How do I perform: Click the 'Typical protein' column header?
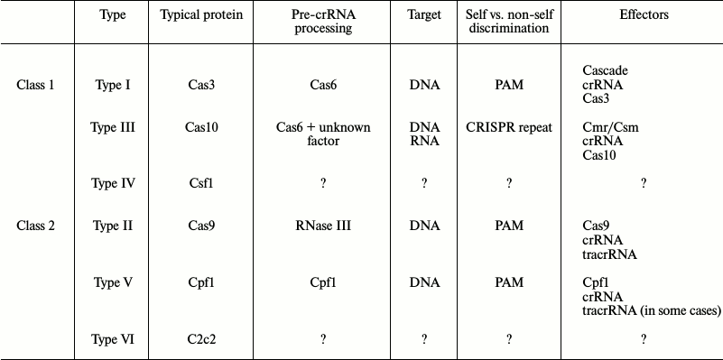(201, 16)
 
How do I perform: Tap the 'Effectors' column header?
(644, 16)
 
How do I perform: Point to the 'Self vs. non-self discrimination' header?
(509, 22)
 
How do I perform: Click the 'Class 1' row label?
(36, 85)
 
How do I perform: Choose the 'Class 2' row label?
(36, 226)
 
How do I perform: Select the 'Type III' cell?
(114, 127)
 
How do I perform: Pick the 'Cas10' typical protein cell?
(201, 127)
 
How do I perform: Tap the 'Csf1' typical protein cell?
(201, 183)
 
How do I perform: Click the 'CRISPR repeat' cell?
(509, 127)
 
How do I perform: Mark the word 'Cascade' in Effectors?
(606, 70)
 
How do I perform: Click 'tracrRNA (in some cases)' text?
(652, 310)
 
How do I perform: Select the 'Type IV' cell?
(114, 183)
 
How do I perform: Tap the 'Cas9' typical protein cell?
(201, 226)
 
